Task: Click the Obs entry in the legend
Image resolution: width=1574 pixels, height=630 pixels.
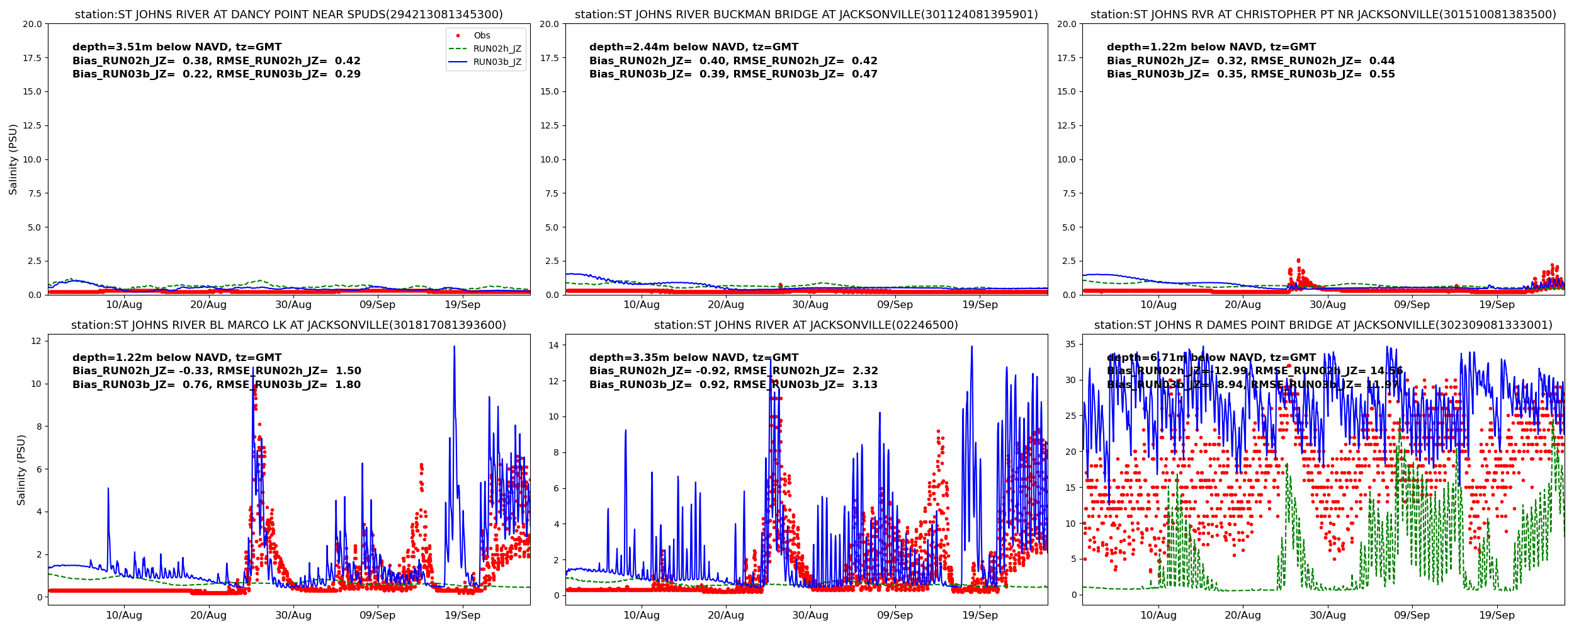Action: pos(482,36)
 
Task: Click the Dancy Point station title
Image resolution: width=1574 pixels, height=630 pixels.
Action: pos(289,14)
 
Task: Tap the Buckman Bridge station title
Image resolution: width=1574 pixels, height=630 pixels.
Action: pos(807,14)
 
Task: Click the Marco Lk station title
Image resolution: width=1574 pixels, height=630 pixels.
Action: pos(289,325)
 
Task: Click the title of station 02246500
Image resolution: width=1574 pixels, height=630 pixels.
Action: pos(807,325)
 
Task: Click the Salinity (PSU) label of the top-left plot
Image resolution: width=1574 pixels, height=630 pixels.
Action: pos(13,159)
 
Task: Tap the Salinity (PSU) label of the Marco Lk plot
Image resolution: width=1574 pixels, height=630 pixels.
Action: pos(21,470)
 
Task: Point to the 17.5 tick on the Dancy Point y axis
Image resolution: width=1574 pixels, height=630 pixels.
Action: pos(31,58)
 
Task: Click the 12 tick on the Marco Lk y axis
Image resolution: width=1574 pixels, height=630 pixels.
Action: pos(36,341)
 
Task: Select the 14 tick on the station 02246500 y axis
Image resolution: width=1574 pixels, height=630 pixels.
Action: pos(553,345)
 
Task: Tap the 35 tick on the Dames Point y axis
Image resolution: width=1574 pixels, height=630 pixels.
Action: pos(1070,345)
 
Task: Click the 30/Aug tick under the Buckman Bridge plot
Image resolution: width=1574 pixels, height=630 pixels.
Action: pos(810,305)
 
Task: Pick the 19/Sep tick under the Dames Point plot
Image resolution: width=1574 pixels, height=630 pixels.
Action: pos(1497,616)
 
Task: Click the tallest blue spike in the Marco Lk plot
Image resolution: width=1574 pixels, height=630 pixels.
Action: pos(454,347)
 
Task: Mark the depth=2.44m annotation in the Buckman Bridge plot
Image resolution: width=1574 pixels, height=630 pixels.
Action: pos(694,47)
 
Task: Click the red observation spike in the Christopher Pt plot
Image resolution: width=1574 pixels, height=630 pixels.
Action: pos(1298,261)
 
